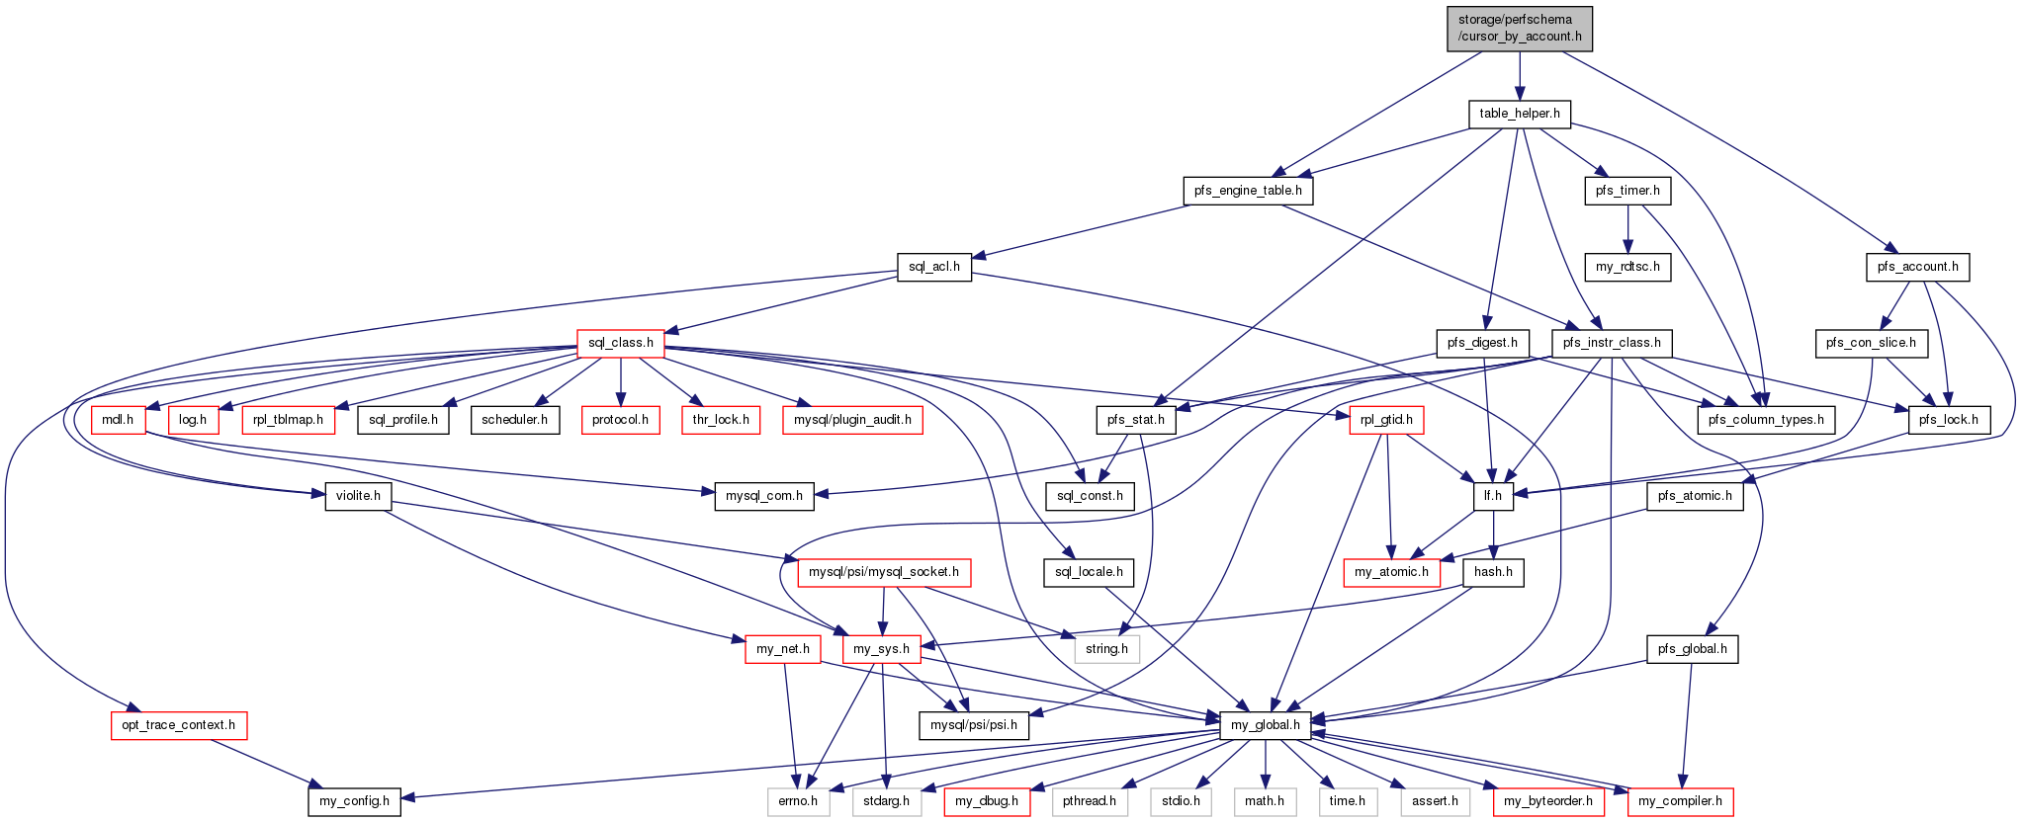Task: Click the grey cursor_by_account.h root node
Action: (x=1520, y=28)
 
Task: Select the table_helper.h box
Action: (x=1520, y=114)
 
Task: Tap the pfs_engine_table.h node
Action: (x=1248, y=191)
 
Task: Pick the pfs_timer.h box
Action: (x=1627, y=191)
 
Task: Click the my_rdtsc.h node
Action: (x=1627, y=267)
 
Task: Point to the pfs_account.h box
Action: (x=1917, y=267)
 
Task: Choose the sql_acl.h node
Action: (x=934, y=267)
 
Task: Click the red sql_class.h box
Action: (x=621, y=343)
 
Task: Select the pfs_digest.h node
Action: (x=1482, y=343)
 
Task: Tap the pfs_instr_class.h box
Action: (x=1612, y=343)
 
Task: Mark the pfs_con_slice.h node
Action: (x=1871, y=343)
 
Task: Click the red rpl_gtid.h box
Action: (x=1386, y=420)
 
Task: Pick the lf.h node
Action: (x=1493, y=496)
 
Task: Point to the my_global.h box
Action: (x=1266, y=725)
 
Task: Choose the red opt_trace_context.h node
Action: (x=179, y=725)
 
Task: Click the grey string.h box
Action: (x=1106, y=649)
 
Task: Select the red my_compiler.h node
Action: (x=1680, y=801)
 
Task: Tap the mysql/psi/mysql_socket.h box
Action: (x=884, y=572)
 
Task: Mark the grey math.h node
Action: (x=1265, y=801)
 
